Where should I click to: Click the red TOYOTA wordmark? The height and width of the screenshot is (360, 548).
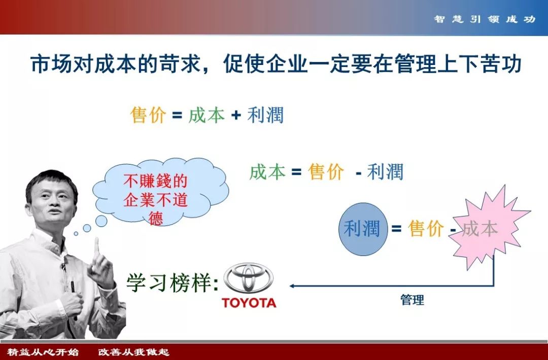[x=249, y=303]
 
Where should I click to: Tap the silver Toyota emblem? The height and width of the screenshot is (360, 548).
[x=249, y=278]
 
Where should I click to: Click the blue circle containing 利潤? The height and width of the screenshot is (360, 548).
[x=363, y=229]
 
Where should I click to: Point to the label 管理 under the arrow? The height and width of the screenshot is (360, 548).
[x=412, y=300]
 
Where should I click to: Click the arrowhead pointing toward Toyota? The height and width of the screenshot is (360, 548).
[x=292, y=286]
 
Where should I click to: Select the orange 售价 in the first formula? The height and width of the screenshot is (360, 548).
[x=148, y=115]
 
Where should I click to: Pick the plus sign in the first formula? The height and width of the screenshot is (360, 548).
[x=236, y=115]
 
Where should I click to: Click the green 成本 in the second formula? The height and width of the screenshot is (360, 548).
[x=267, y=172]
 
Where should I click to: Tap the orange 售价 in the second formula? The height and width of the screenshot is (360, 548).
[x=326, y=172]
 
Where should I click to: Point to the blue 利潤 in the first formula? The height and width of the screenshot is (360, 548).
[x=265, y=115]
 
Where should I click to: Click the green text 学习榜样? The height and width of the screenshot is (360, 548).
[x=170, y=282]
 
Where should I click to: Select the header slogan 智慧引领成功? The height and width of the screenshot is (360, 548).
[x=485, y=19]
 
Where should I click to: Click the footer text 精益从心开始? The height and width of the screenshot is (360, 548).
[x=43, y=351]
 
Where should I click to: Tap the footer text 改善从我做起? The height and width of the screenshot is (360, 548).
[x=133, y=351]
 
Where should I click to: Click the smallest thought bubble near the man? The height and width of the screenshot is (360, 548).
[x=76, y=234]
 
